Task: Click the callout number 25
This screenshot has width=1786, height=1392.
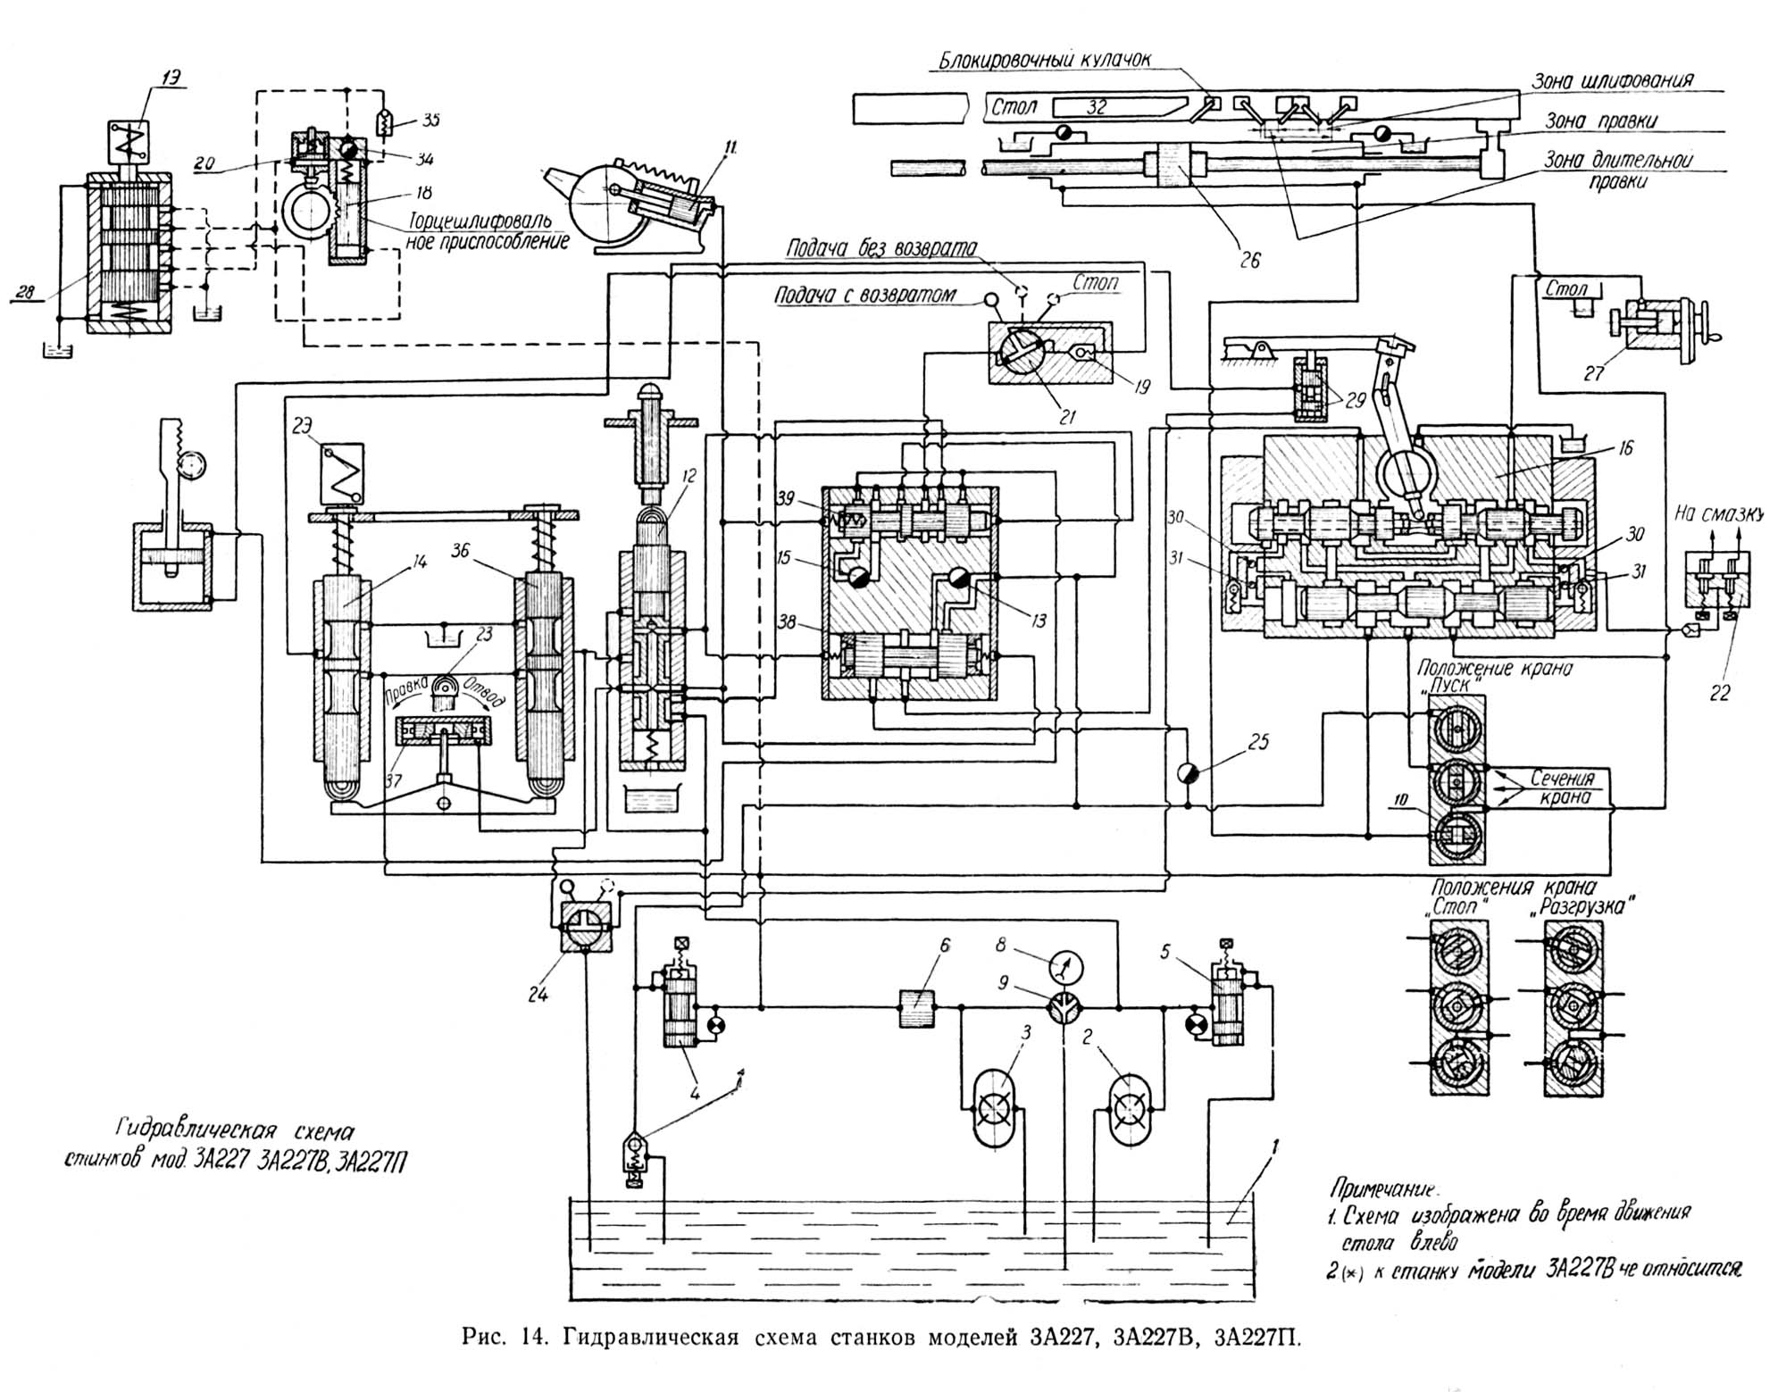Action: tap(1258, 742)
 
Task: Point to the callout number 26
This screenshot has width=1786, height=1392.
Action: tap(1249, 260)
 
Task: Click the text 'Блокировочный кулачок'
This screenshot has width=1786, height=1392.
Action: tap(1044, 61)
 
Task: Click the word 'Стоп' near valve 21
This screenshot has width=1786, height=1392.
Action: tap(1096, 283)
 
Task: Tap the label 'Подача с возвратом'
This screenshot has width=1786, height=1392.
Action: tap(865, 296)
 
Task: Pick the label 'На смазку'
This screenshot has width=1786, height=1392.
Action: tap(1718, 513)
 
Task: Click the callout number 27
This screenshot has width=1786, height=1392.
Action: tap(1594, 373)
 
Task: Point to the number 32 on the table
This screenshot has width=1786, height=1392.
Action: tap(1096, 107)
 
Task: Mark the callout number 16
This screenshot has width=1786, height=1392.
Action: tap(1625, 448)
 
